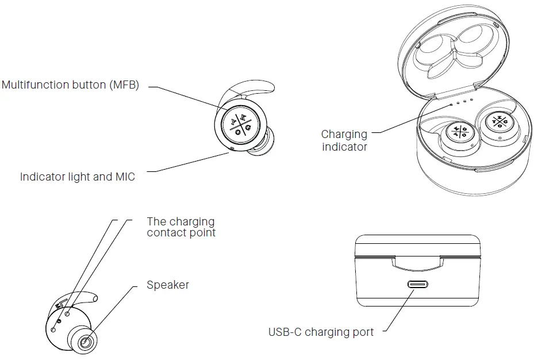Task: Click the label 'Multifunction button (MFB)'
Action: (x=70, y=85)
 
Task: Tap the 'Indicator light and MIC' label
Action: (x=77, y=177)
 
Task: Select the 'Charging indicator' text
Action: (x=344, y=140)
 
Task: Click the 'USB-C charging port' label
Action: (x=321, y=332)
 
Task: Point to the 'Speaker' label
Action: (x=167, y=285)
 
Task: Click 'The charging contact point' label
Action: (x=181, y=227)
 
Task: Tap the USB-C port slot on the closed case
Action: (x=417, y=285)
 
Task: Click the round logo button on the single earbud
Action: (x=240, y=125)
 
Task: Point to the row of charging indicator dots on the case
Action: (x=461, y=102)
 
